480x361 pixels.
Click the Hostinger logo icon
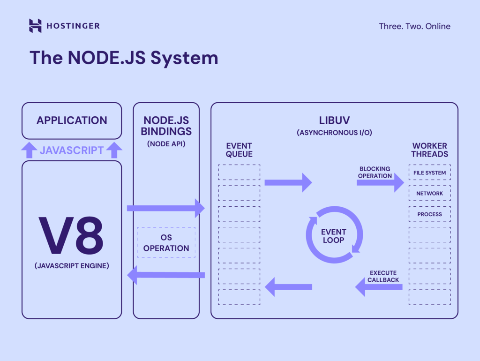(x=35, y=26)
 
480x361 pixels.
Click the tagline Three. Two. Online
(x=414, y=26)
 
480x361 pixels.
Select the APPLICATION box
(x=72, y=120)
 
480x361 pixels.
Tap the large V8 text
(x=71, y=236)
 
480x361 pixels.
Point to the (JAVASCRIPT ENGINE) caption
(x=72, y=266)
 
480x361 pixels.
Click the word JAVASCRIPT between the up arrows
(x=72, y=150)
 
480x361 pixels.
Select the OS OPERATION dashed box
(x=166, y=243)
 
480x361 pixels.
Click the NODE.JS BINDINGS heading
(x=166, y=125)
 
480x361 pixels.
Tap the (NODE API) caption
(x=166, y=144)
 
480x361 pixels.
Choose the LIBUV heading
(x=334, y=120)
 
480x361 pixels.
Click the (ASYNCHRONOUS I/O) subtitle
(x=334, y=133)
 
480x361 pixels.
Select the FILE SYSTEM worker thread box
(x=429, y=173)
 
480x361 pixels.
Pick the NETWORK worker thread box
(x=429, y=193)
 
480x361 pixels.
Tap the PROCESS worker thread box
(x=429, y=214)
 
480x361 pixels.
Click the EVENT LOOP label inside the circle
(x=333, y=236)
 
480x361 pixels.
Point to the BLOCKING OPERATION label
(x=375, y=172)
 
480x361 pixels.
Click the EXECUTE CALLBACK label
(x=383, y=276)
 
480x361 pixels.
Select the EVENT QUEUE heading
(x=239, y=150)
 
